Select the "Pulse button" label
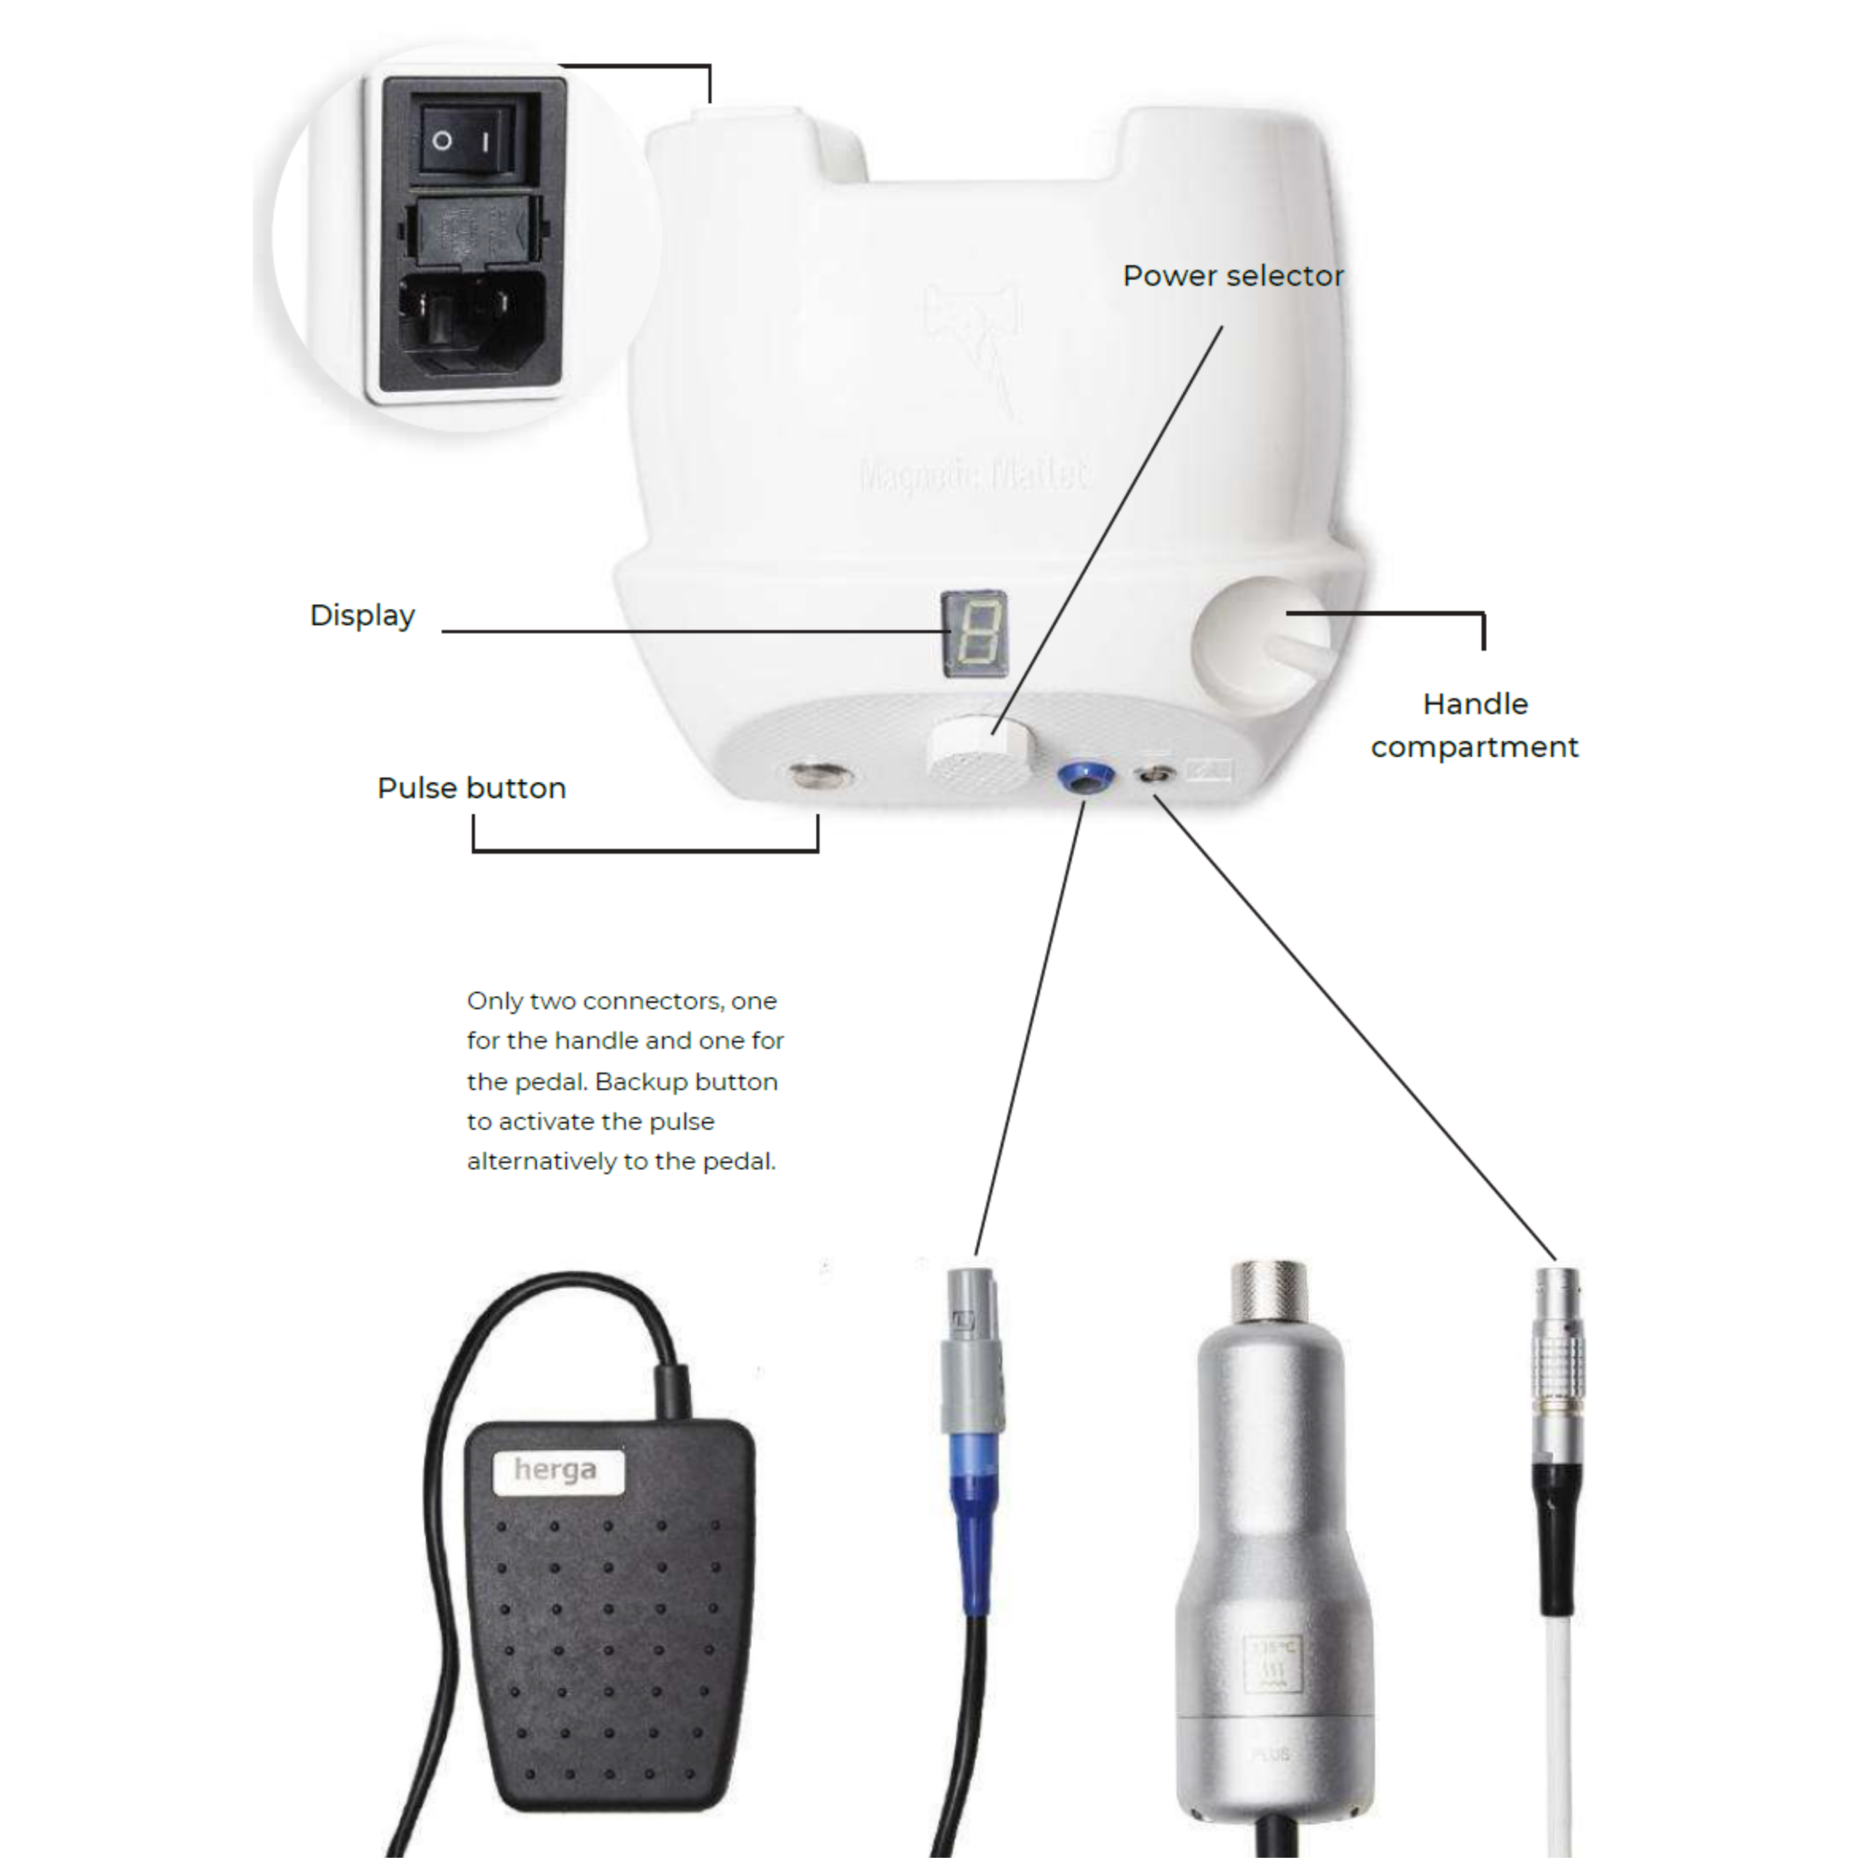point(471,789)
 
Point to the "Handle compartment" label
point(1474,725)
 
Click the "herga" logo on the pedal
point(557,1470)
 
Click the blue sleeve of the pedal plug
point(973,1520)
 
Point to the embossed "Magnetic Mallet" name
point(974,475)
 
